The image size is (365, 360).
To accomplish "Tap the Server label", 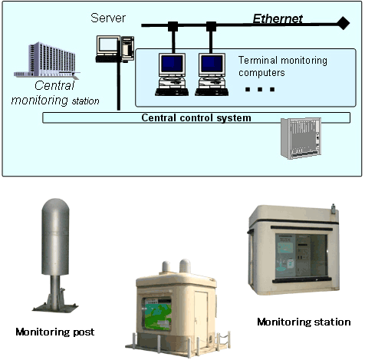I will pos(107,17).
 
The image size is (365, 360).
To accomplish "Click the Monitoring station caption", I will pos(303,322).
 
